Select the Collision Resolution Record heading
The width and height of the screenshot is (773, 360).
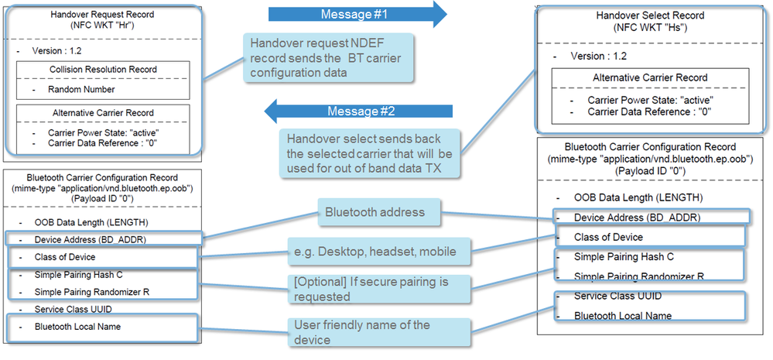pos(103,70)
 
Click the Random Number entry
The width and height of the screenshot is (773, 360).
pos(81,89)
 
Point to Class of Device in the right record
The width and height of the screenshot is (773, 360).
pos(609,237)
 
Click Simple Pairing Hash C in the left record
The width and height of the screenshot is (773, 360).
pos(78,275)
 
